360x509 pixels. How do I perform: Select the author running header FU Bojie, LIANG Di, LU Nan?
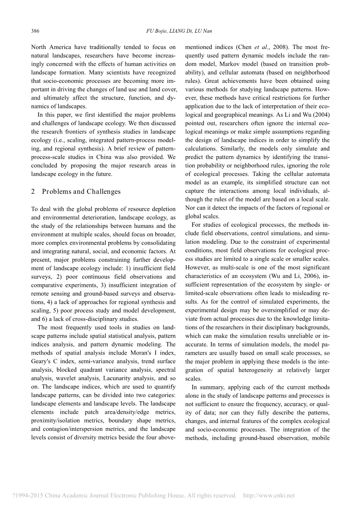pyautogui.click(x=180, y=31)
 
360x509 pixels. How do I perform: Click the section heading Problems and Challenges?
pyautogui.click(x=81, y=191)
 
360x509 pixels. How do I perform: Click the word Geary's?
pyautogui.click(x=41, y=361)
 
